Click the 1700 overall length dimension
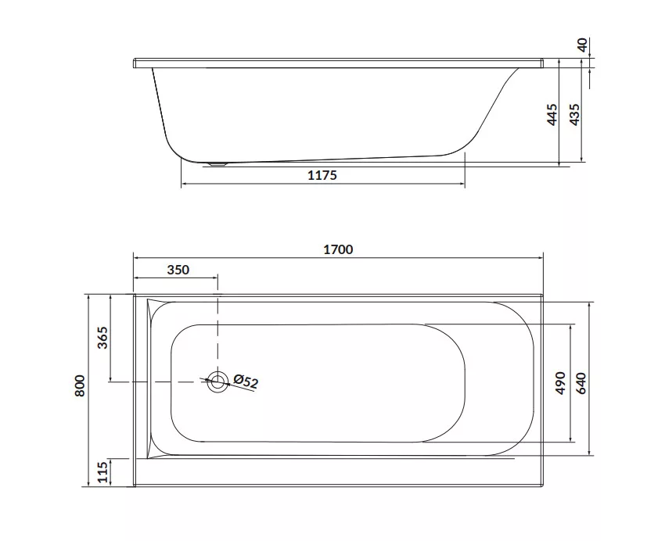(x=338, y=249)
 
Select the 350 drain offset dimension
(x=178, y=270)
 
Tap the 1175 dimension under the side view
(x=322, y=175)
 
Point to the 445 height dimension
(x=552, y=114)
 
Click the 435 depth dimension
(x=574, y=114)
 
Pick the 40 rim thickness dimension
(x=583, y=45)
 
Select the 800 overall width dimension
(x=80, y=385)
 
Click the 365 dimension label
(x=102, y=338)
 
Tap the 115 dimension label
(x=102, y=472)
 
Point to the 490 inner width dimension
(x=561, y=383)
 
